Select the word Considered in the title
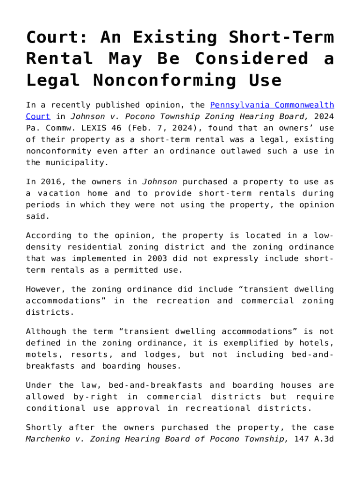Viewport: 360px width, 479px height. click(x=252, y=59)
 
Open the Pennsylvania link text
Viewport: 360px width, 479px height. click(x=238, y=105)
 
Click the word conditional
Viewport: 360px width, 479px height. click(x=56, y=408)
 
